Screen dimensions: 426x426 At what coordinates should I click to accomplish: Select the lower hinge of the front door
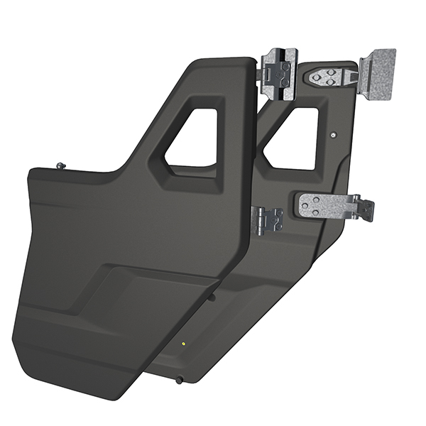[x=269, y=220]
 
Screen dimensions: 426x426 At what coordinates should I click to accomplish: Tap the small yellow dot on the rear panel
[x=184, y=344]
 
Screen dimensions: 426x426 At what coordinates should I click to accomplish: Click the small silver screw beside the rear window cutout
[x=333, y=132]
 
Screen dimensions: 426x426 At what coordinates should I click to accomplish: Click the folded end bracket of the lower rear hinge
[x=366, y=208]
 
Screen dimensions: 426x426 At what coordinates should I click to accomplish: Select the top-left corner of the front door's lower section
[x=30, y=173]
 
